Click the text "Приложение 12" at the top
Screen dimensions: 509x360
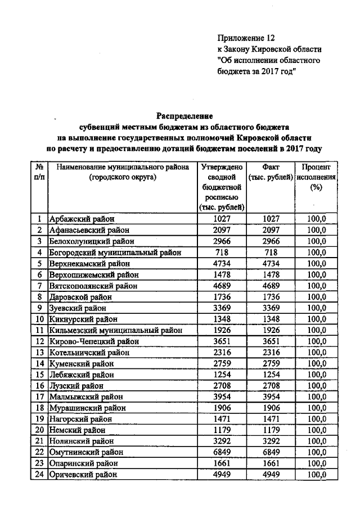(245, 38)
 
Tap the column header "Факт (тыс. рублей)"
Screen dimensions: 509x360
(271, 172)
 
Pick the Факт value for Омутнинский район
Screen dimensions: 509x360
(271, 452)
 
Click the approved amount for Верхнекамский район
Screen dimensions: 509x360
(221, 264)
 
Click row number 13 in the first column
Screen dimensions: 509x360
(39, 353)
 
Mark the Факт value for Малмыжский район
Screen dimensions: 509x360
(271, 397)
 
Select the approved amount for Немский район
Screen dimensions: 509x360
(221, 430)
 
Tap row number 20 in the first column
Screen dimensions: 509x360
(39, 430)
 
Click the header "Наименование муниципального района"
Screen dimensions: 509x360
(121, 168)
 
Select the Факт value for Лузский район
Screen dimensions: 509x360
(271, 386)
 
